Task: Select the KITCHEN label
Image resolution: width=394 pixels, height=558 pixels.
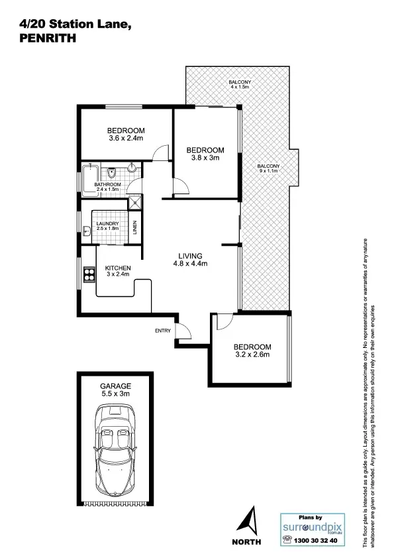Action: click(117, 268)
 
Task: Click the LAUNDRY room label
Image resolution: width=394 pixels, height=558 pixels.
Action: click(107, 224)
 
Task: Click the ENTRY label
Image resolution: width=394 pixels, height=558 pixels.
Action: click(163, 331)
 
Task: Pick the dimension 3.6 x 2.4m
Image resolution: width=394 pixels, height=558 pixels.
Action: click(126, 139)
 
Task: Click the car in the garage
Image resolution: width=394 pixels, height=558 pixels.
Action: click(115, 451)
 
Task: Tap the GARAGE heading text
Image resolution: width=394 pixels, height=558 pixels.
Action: click(115, 385)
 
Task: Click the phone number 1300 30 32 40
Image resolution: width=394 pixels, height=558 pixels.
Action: click(316, 541)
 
